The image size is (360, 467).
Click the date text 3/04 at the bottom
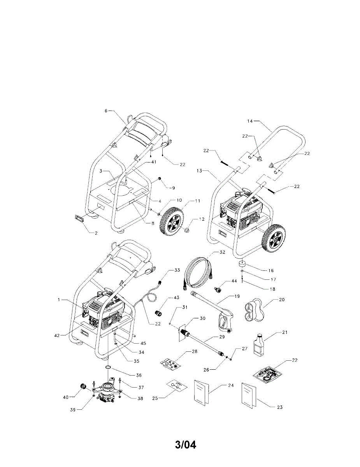click(x=186, y=444)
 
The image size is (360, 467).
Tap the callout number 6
click(x=105, y=111)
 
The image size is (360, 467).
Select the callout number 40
click(x=66, y=397)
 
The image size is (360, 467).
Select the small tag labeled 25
click(x=175, y=385)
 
